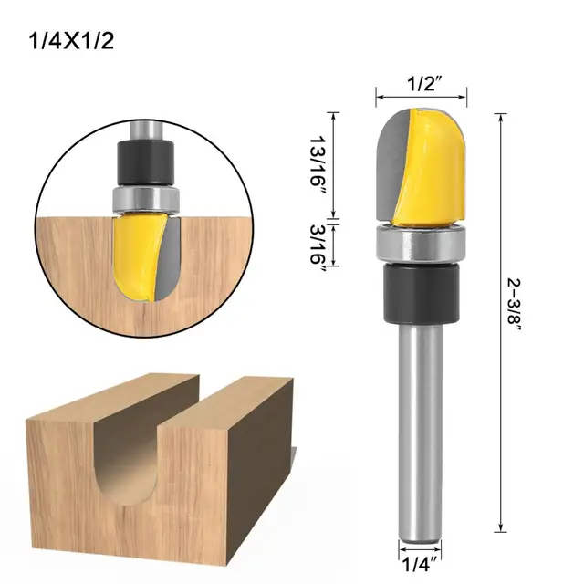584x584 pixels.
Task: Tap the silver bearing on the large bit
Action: [x=422, y=244]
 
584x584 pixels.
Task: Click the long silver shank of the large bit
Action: [x=422, y=429]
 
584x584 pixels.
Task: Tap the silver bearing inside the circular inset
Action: [x=143, y=199]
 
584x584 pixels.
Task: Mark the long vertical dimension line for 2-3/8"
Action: [x=500, y=319]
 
